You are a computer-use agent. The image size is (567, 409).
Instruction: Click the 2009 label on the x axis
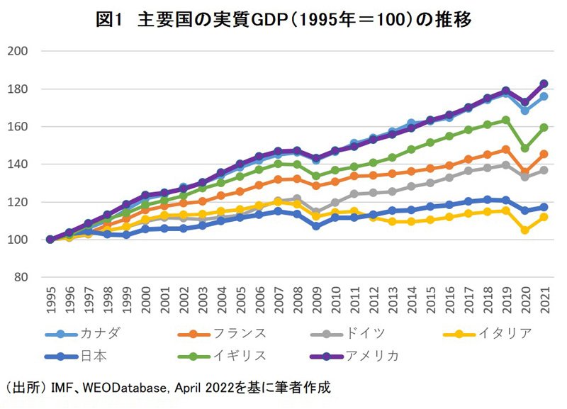coord(316,300)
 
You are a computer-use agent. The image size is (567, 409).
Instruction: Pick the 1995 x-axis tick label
coord(49,300)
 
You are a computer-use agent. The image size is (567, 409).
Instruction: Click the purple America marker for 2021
coord(545,84)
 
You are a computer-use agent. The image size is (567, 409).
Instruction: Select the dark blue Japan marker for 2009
coord(316,226)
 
